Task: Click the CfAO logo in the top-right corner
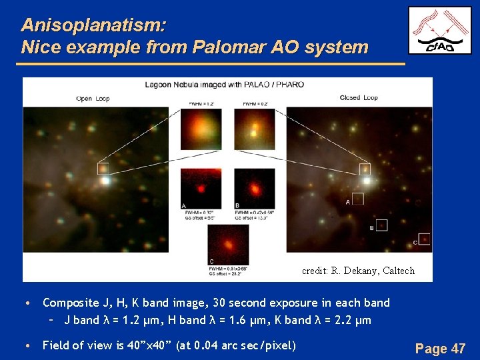pos(440,30)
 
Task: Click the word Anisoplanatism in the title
pos(93,25)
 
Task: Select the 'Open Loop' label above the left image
pos(93,98)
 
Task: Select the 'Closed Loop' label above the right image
pos(359,98)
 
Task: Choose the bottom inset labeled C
pos(228,244)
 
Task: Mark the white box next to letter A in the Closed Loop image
pos(358,199)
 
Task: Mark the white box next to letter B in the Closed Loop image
pos(381,225)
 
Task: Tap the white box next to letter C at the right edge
pos(424,239)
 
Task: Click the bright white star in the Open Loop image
pos(105,180)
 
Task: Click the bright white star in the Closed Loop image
pos(366,180)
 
